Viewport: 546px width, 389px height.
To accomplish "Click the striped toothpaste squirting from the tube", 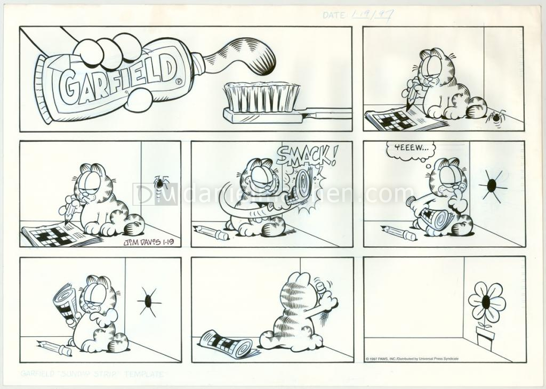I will (x=240, y=53).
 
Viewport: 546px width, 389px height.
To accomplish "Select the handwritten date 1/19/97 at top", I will (x=371, y=15).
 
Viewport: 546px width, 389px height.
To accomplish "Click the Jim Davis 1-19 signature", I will (x=151, y=242).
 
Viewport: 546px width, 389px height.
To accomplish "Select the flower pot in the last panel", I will (x=485, y=339).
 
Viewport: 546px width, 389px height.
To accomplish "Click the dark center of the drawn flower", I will (x=486, y=302).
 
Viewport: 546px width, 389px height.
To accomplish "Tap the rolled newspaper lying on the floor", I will (x=227, y=344).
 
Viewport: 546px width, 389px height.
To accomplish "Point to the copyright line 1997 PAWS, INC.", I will (x=412, y=359).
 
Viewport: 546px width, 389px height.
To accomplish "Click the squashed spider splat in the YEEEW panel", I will (x=492, y=185).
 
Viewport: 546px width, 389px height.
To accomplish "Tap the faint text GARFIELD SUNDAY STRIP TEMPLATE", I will (x=93, y=374).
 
